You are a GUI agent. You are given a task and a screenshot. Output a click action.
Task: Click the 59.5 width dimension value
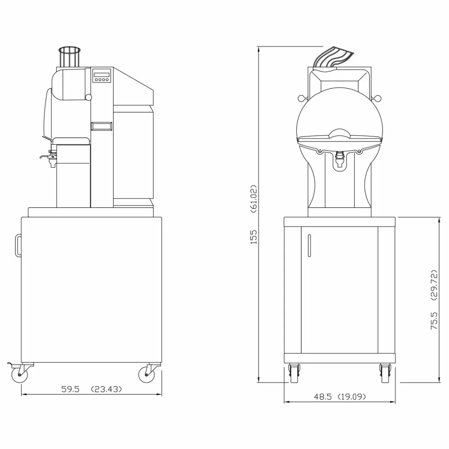(70, 389)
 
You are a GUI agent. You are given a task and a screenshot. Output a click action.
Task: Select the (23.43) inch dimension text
(106, 389)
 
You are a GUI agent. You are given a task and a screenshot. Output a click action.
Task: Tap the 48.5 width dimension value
(323, 396)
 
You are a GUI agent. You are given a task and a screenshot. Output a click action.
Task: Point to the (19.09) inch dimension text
(352, 396)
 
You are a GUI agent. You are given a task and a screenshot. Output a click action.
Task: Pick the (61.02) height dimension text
(254, 199)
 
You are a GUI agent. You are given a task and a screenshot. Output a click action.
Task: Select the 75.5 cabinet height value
(434, 321)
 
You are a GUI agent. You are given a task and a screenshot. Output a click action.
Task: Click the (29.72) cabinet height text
(434, 285)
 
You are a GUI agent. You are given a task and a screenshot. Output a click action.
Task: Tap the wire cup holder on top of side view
(70, 57)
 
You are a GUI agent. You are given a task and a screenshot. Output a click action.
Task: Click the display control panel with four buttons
(101, 75)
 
